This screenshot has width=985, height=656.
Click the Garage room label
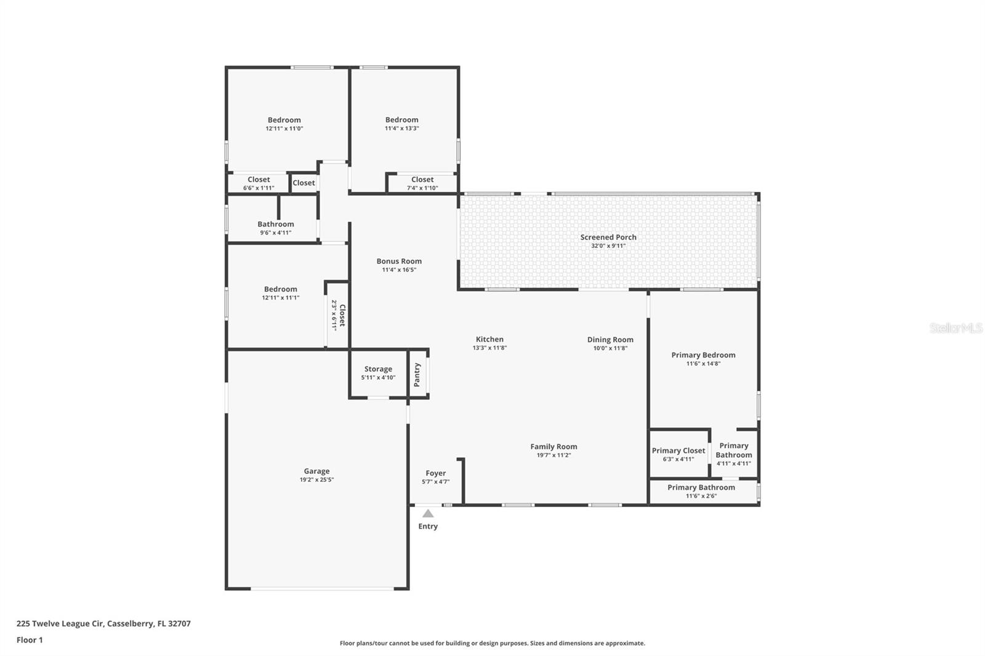click(316, 471)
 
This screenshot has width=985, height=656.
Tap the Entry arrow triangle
click(428, 514)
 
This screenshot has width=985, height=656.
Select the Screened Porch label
click(608, 237)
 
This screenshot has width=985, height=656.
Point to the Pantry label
click(417, 375)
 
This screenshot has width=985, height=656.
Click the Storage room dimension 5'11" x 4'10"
click(378, 377)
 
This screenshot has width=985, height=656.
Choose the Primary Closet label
click(678, 450)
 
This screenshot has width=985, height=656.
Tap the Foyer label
click(436, 473)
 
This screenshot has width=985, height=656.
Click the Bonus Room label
click(399, 261)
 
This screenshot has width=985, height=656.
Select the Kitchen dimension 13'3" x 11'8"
click(489, 348)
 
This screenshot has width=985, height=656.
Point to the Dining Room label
click(610, 340)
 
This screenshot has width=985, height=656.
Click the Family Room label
click(553, 447)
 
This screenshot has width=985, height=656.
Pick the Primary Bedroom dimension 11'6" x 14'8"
click(703, 364)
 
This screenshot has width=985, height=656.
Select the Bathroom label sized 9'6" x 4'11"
click(276, 224)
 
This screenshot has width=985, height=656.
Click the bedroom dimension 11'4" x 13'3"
click(401, 129)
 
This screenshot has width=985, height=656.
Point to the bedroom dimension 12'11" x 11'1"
click(281, 298)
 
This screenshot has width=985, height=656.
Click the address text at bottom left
click(104, 623)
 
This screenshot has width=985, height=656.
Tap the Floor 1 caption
click(30, 640)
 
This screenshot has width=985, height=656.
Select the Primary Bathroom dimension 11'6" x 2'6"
click(701, 496)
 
